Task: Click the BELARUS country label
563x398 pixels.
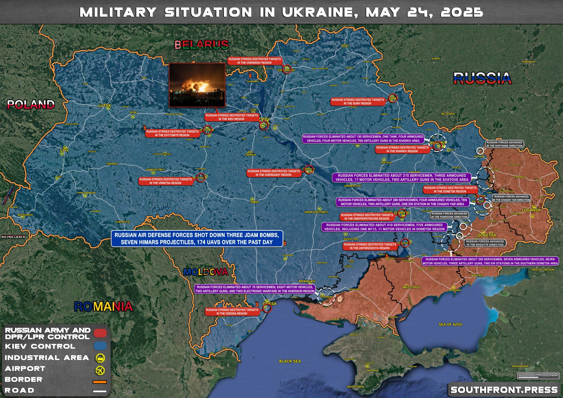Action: pyautogui.click(x=202, y=45)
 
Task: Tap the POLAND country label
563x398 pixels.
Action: pyautogui.click(x=31, y=104)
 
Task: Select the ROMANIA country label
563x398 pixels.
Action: pyautogui.click(x=103, y=306)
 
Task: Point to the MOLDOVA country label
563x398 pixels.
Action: pyautogui.click(x=206, y=272)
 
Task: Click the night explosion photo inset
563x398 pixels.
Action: pyautogui.click(x=197, y=85)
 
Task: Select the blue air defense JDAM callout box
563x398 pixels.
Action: pyautogui.click(x=197, y=239)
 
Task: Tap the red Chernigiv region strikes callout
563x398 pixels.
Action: pyautogui.click(x=255, y=61)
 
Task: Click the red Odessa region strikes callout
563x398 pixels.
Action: pyautogui.click(x=232, y=312)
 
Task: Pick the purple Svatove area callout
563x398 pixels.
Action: pyautogui.click(x=402, y=178)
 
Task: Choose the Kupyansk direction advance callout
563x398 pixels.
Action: pyautogui.click(x=504, y=144)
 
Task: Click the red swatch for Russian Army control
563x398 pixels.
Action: pyautogui.click(x=100, y=333)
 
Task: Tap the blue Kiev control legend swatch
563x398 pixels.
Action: pyautogui.click(x=100, y=346)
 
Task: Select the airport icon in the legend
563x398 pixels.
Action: pyautogui.click(x=100, y=370)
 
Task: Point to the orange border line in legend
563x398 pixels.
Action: pyautogui.click(x=100, y=382)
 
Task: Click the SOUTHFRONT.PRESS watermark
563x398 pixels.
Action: pyautogui.click(x=504, y=390)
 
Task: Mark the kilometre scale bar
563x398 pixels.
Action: pyautogui.click(x=538, y=375)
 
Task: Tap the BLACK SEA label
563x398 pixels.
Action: pyautogui.click(x=290, y=361)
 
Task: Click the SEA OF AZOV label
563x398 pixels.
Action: pyautogui.click(x=450, y=324)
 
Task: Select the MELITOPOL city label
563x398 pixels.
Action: pyautogui.click(x=412, y=287)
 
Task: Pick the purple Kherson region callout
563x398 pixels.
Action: pyautogui.click(x=255, y=289)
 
